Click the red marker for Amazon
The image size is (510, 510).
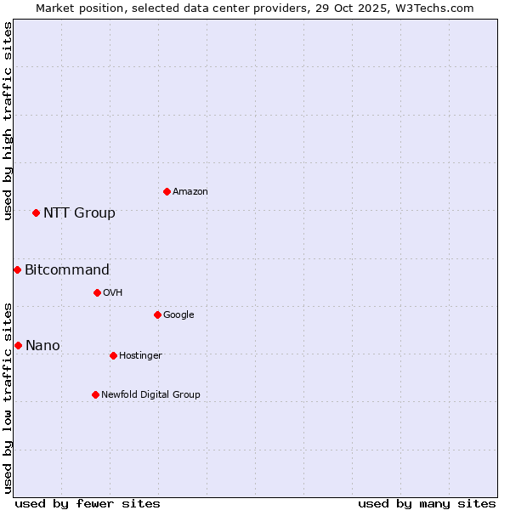click(167, 191)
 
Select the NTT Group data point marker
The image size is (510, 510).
click(36, 212)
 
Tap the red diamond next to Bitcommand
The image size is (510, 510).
click(17, 269)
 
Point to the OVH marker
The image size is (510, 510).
click(97, 292)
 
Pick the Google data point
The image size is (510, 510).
click(157, 314)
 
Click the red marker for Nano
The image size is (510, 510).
click(18, 345)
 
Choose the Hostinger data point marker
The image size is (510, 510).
click(113, 355)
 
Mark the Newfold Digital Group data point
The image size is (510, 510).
click(95, 394)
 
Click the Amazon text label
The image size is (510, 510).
click(190, 192)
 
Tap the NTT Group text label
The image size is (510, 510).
click(79, 212)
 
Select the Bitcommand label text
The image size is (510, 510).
click(67, 270)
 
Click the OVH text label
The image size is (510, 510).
click(113, 293)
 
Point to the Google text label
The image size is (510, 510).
click(178, 315)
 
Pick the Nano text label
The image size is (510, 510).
click(42, 345)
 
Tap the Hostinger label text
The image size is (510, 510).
click(140, 356)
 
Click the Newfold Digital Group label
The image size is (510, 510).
click(150, 395)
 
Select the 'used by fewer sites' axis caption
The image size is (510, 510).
click(88, 503)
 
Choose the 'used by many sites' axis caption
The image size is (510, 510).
click(427, 503)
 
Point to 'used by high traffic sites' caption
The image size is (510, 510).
click(8, 121)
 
